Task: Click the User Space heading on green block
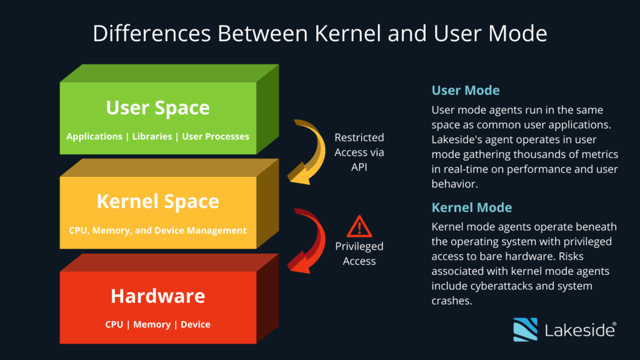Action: point(157,107)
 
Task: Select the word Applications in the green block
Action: point(94,136)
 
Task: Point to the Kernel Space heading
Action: point(157,201)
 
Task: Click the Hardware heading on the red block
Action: point(157,296)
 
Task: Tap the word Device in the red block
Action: point(196,324)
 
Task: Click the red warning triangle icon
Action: point(359,226)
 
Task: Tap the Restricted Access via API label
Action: point(359,152)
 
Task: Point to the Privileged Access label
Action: point(359,254)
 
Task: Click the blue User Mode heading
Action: point(466,91)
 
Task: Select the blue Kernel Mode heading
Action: point(472,207)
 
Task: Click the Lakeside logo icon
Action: point(525,329)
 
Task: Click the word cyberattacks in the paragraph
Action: point(496,286)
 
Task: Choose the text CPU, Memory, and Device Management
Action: point(157,230)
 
